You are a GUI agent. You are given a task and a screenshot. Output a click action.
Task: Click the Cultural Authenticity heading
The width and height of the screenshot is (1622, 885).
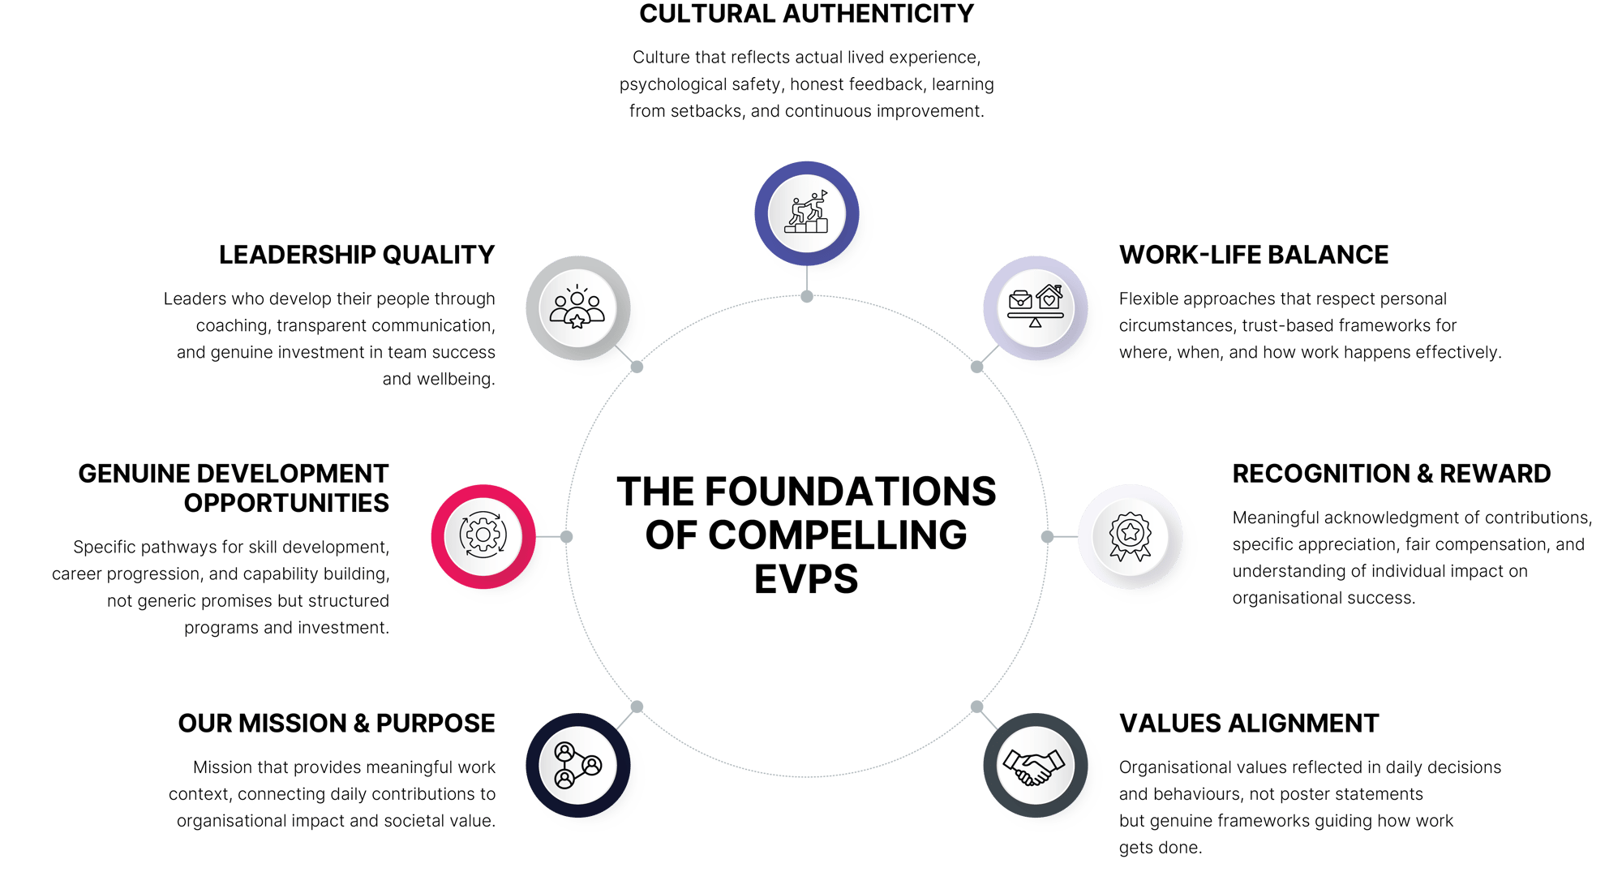tap(806, 15)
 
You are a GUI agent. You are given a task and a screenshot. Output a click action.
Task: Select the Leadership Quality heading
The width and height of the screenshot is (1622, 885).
tap(357, 255)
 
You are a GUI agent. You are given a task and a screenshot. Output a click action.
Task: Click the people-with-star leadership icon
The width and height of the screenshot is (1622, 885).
tap(577, 309)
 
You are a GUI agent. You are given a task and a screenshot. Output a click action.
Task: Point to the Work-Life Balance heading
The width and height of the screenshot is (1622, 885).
tap(1253, 255)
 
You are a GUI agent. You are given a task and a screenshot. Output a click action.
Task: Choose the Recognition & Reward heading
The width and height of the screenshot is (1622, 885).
tap(1391, 474)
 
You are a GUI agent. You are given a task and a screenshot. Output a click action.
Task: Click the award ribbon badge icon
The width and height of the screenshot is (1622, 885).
tap(1130, 536)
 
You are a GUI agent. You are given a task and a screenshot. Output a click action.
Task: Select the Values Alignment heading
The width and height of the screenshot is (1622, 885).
tap(1249, 723)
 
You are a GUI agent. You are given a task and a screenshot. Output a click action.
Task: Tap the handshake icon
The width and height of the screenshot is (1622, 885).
tap(1034, 766)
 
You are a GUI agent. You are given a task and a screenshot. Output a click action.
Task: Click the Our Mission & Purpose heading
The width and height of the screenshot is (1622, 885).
tap(337, 723)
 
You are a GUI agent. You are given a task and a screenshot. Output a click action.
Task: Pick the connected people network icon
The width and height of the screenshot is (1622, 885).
tap(577, 765)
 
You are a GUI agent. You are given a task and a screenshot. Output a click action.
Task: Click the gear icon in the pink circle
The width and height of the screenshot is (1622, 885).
tap(483, 535)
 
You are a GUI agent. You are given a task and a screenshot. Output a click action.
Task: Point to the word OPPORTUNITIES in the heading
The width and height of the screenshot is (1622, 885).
tap(286, 503)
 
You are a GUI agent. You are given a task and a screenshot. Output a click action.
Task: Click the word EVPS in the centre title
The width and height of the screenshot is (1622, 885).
tap(806, 579)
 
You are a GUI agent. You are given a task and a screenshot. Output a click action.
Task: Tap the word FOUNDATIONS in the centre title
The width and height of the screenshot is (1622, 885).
tap(851, 492)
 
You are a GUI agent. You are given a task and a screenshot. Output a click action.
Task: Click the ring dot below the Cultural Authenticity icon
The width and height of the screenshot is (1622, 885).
tap(806, 297)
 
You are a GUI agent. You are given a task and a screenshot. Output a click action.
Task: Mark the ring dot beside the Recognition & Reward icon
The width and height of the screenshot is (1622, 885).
tap(1047, 537)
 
